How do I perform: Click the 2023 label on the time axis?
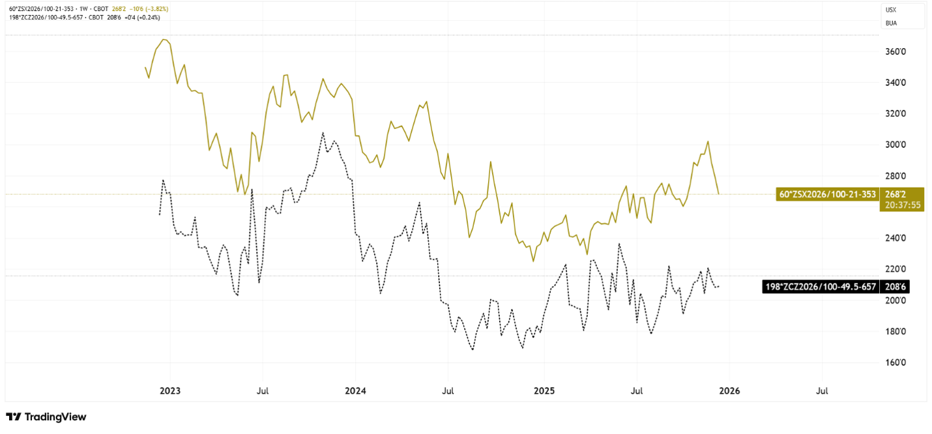click(x=170, y=391)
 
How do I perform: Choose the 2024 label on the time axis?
click(x=355, y=391)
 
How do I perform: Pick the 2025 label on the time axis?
click(x=544, y=391)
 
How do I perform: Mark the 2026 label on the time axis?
click(x=729, y=391)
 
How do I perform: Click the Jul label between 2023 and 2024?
click(x=262, y=391)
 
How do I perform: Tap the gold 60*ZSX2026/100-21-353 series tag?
click(x=827, y=194)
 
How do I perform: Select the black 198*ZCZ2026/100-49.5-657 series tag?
click(x=820, y=286)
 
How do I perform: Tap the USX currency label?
click(x=891, y=10)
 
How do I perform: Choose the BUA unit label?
click(x=891, y=23)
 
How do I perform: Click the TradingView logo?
click(x=46, y=417)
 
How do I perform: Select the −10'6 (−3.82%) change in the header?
click(x=152, y=8)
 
